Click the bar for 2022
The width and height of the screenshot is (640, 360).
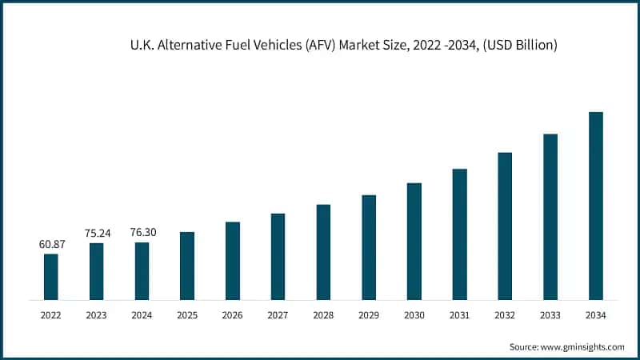point(50,277)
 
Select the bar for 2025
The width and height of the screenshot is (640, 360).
point(187,266)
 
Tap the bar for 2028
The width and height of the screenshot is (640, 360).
point(323,252)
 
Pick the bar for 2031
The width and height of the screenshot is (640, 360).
point(459,234)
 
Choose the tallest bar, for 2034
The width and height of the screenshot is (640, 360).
point(596,206)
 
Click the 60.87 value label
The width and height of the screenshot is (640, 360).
point(50,244)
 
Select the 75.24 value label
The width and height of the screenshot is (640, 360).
point(96,233)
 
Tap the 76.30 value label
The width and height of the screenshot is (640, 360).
point(142,232)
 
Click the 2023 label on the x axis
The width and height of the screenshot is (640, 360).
point(96,316)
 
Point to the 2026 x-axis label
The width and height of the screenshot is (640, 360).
point(232,316)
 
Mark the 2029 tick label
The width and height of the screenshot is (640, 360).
point(368,316)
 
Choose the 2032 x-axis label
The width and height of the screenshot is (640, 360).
point(505,316)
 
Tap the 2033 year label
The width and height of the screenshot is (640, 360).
point(550,316)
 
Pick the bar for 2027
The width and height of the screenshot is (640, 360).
point(278,257)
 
